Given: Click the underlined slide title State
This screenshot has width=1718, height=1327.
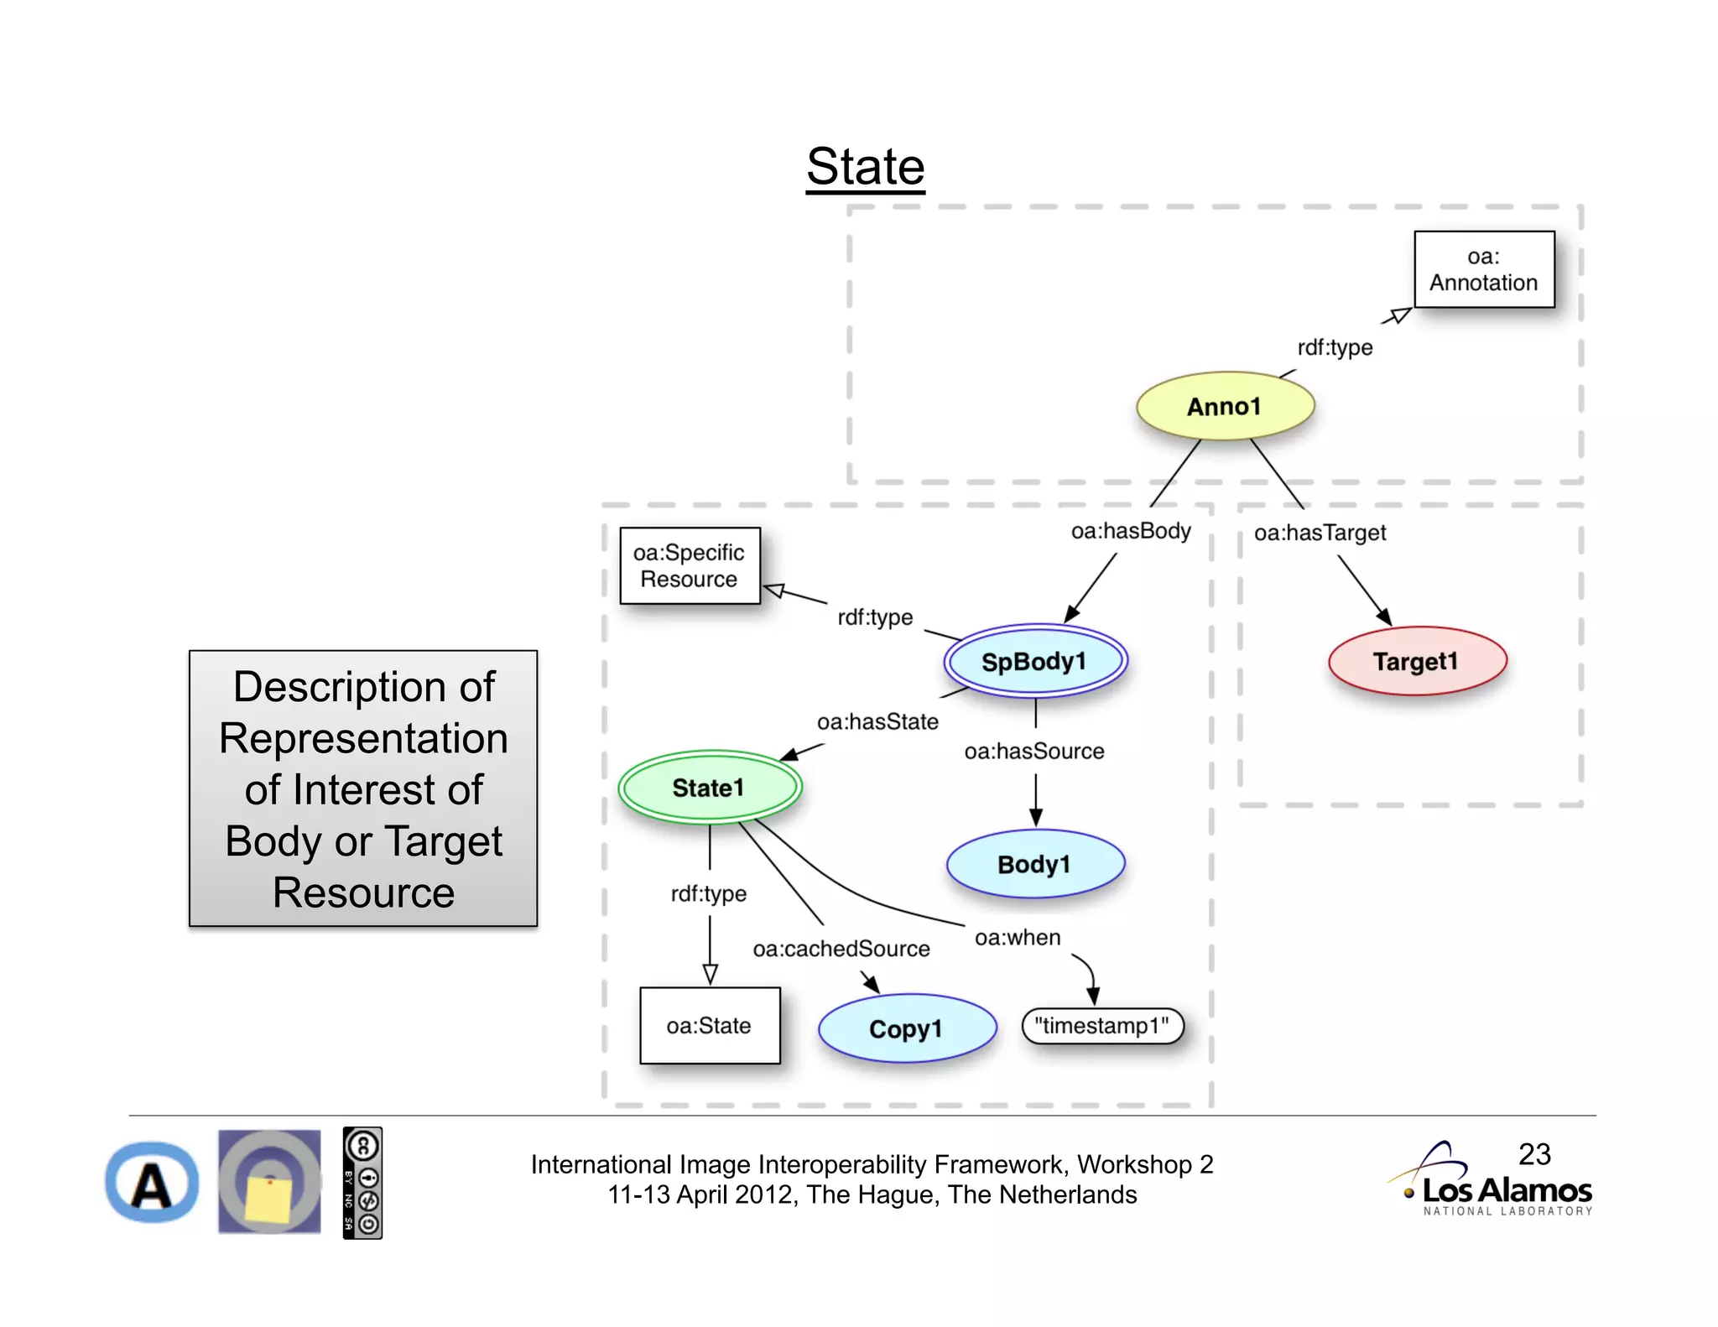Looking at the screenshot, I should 865,166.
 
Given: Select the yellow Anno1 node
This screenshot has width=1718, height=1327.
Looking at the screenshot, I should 1224,406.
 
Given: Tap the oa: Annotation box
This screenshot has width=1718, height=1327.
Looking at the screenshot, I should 1483,269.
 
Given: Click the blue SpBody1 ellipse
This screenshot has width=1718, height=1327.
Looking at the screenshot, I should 1034,661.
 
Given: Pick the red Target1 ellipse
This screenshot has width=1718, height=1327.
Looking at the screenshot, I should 1416,661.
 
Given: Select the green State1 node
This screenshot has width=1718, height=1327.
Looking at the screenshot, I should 709,787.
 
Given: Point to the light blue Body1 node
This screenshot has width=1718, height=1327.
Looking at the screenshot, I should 1034,864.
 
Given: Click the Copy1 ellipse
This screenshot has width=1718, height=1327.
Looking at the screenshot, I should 906,1028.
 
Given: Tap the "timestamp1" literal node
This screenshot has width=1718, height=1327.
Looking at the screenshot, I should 1101,1026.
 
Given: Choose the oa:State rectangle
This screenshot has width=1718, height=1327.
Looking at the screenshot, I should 709,1025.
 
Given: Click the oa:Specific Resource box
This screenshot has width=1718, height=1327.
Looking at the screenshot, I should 689,565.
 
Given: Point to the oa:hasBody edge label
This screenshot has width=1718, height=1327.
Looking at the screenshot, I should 1130,531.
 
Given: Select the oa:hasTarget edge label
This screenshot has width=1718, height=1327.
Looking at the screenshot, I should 1320,533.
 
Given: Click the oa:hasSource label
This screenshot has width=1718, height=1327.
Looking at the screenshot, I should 1033,751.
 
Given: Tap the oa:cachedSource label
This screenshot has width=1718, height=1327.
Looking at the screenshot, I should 841,949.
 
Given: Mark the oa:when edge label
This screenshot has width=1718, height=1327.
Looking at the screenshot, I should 1017,937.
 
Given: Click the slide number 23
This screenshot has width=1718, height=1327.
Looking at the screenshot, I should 1534,1154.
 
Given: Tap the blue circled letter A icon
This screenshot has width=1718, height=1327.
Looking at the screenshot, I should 152,1183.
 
